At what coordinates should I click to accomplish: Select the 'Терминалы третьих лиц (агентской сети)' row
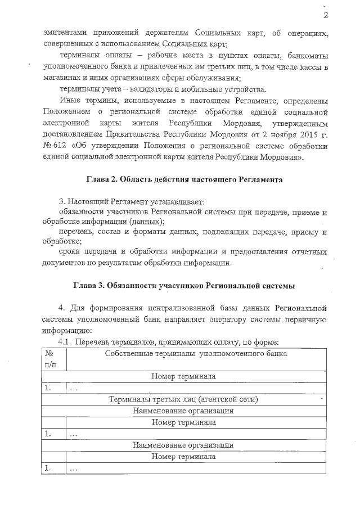click(184, 400)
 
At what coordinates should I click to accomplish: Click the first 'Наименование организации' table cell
click(184, 411)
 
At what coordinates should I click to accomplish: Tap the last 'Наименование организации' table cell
click(184, 445)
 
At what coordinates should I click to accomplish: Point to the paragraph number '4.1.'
click(65, 342)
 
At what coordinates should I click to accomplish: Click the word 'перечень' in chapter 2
click(76, 232)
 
